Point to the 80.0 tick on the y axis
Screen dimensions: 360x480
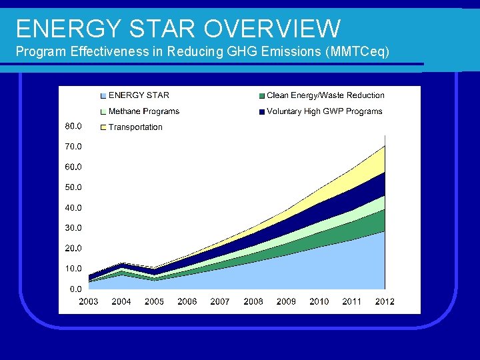tap(73, 126)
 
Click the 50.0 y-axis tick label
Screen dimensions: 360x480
tap(73, 187)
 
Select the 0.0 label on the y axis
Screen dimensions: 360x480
tap(75, 289)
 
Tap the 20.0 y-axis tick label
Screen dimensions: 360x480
tap(73, 249)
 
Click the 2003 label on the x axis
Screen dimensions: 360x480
tap(89, 302)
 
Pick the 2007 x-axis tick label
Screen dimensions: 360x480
tap(220, 302)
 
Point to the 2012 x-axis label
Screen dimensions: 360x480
tap(385, 302)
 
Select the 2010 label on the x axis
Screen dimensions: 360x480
tap(319, 302)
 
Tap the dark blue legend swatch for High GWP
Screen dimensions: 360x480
tap(263, 112)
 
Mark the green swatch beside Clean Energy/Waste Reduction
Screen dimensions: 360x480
tap(263, 96)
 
